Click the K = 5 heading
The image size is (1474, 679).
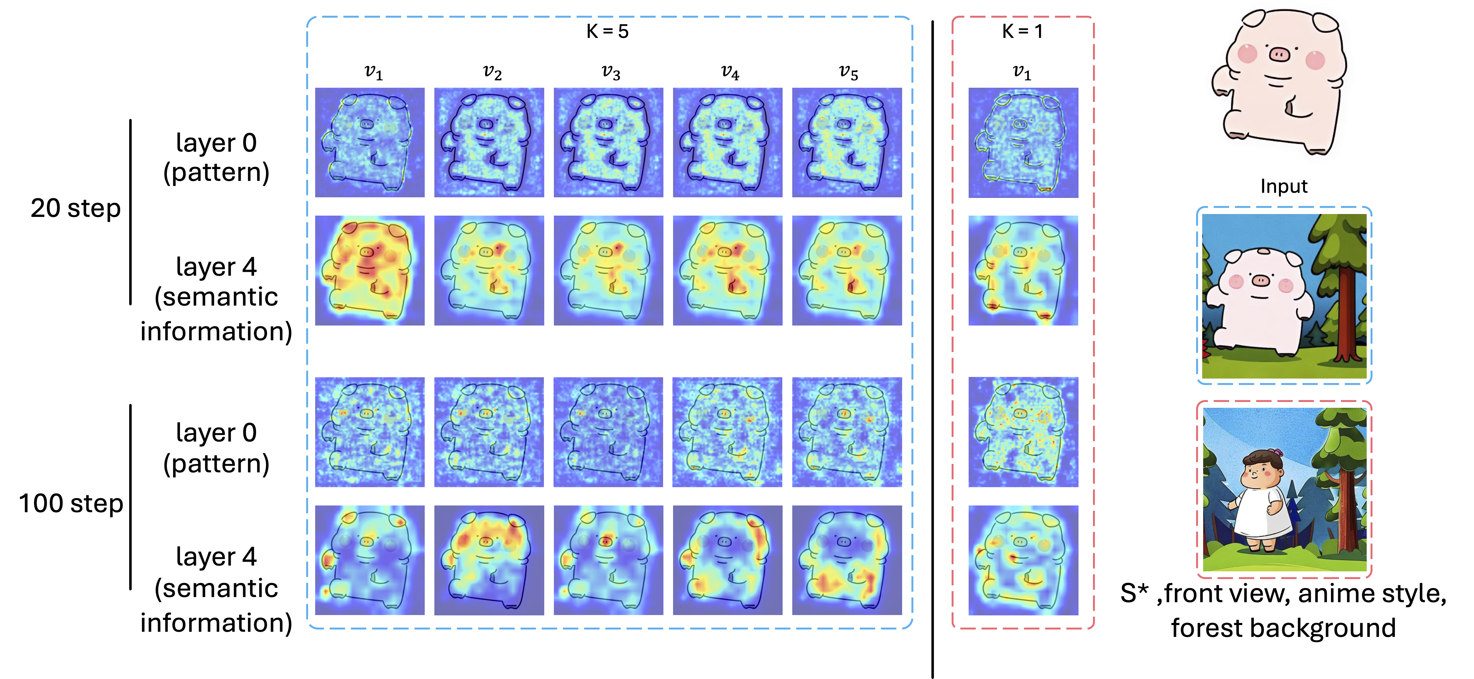(x=607, y=31)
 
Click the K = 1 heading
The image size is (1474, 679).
(x=1022, y=31)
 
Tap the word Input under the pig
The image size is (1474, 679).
(x=1283, y=186)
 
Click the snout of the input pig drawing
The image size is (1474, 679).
(x=1279, y=54)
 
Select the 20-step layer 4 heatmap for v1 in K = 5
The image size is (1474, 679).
(x=370, y=270)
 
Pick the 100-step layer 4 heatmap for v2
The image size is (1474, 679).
(x=489, y=560)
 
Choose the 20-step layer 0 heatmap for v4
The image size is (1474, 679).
(x=727, y=142)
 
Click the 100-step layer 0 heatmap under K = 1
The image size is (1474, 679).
(x=1023, y=432)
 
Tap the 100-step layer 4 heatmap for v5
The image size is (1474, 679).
(x=847, y=560)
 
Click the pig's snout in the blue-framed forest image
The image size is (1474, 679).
(x=1261, y=281)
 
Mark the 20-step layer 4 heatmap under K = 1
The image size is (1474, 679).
(x=1023, y=270)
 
